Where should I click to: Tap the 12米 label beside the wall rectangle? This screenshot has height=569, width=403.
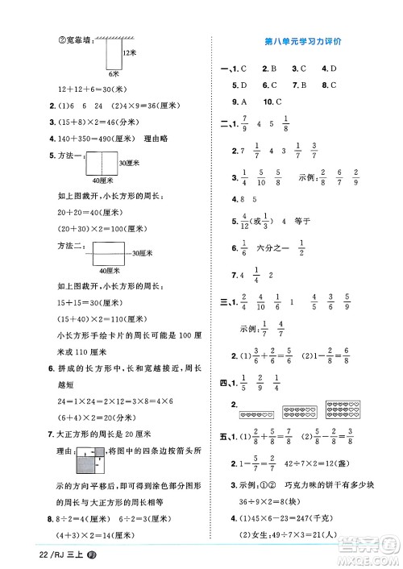click(x=127, y=52)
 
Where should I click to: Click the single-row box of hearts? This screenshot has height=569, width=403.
click(x=256, y=414)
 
